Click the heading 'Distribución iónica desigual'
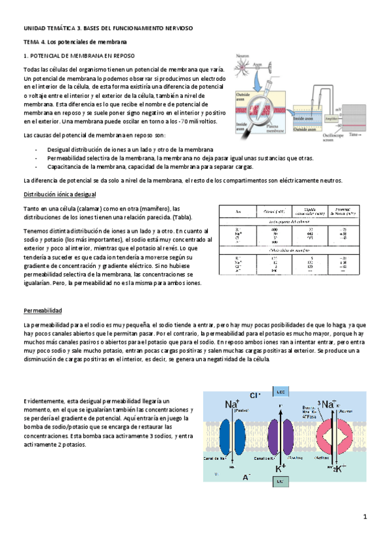(59, 194)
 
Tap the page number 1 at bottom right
(366, 516)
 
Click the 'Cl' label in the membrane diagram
(255, 395)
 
